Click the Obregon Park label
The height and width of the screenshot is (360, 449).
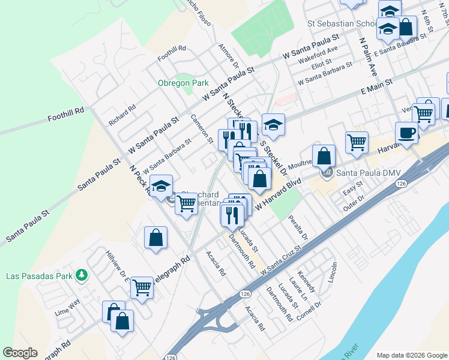182,83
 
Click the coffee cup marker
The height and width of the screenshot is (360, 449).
406,133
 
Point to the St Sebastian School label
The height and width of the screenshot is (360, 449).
342,24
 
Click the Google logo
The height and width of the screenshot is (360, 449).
20,353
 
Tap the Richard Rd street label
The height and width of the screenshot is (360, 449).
122,115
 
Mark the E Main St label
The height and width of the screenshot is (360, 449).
376,86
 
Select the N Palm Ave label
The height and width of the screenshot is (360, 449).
367,57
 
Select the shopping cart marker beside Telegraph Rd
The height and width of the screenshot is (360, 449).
142,288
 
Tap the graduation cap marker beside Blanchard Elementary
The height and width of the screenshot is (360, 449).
161,186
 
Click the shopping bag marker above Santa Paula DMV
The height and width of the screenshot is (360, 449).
324,155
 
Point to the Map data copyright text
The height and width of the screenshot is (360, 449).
412,355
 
